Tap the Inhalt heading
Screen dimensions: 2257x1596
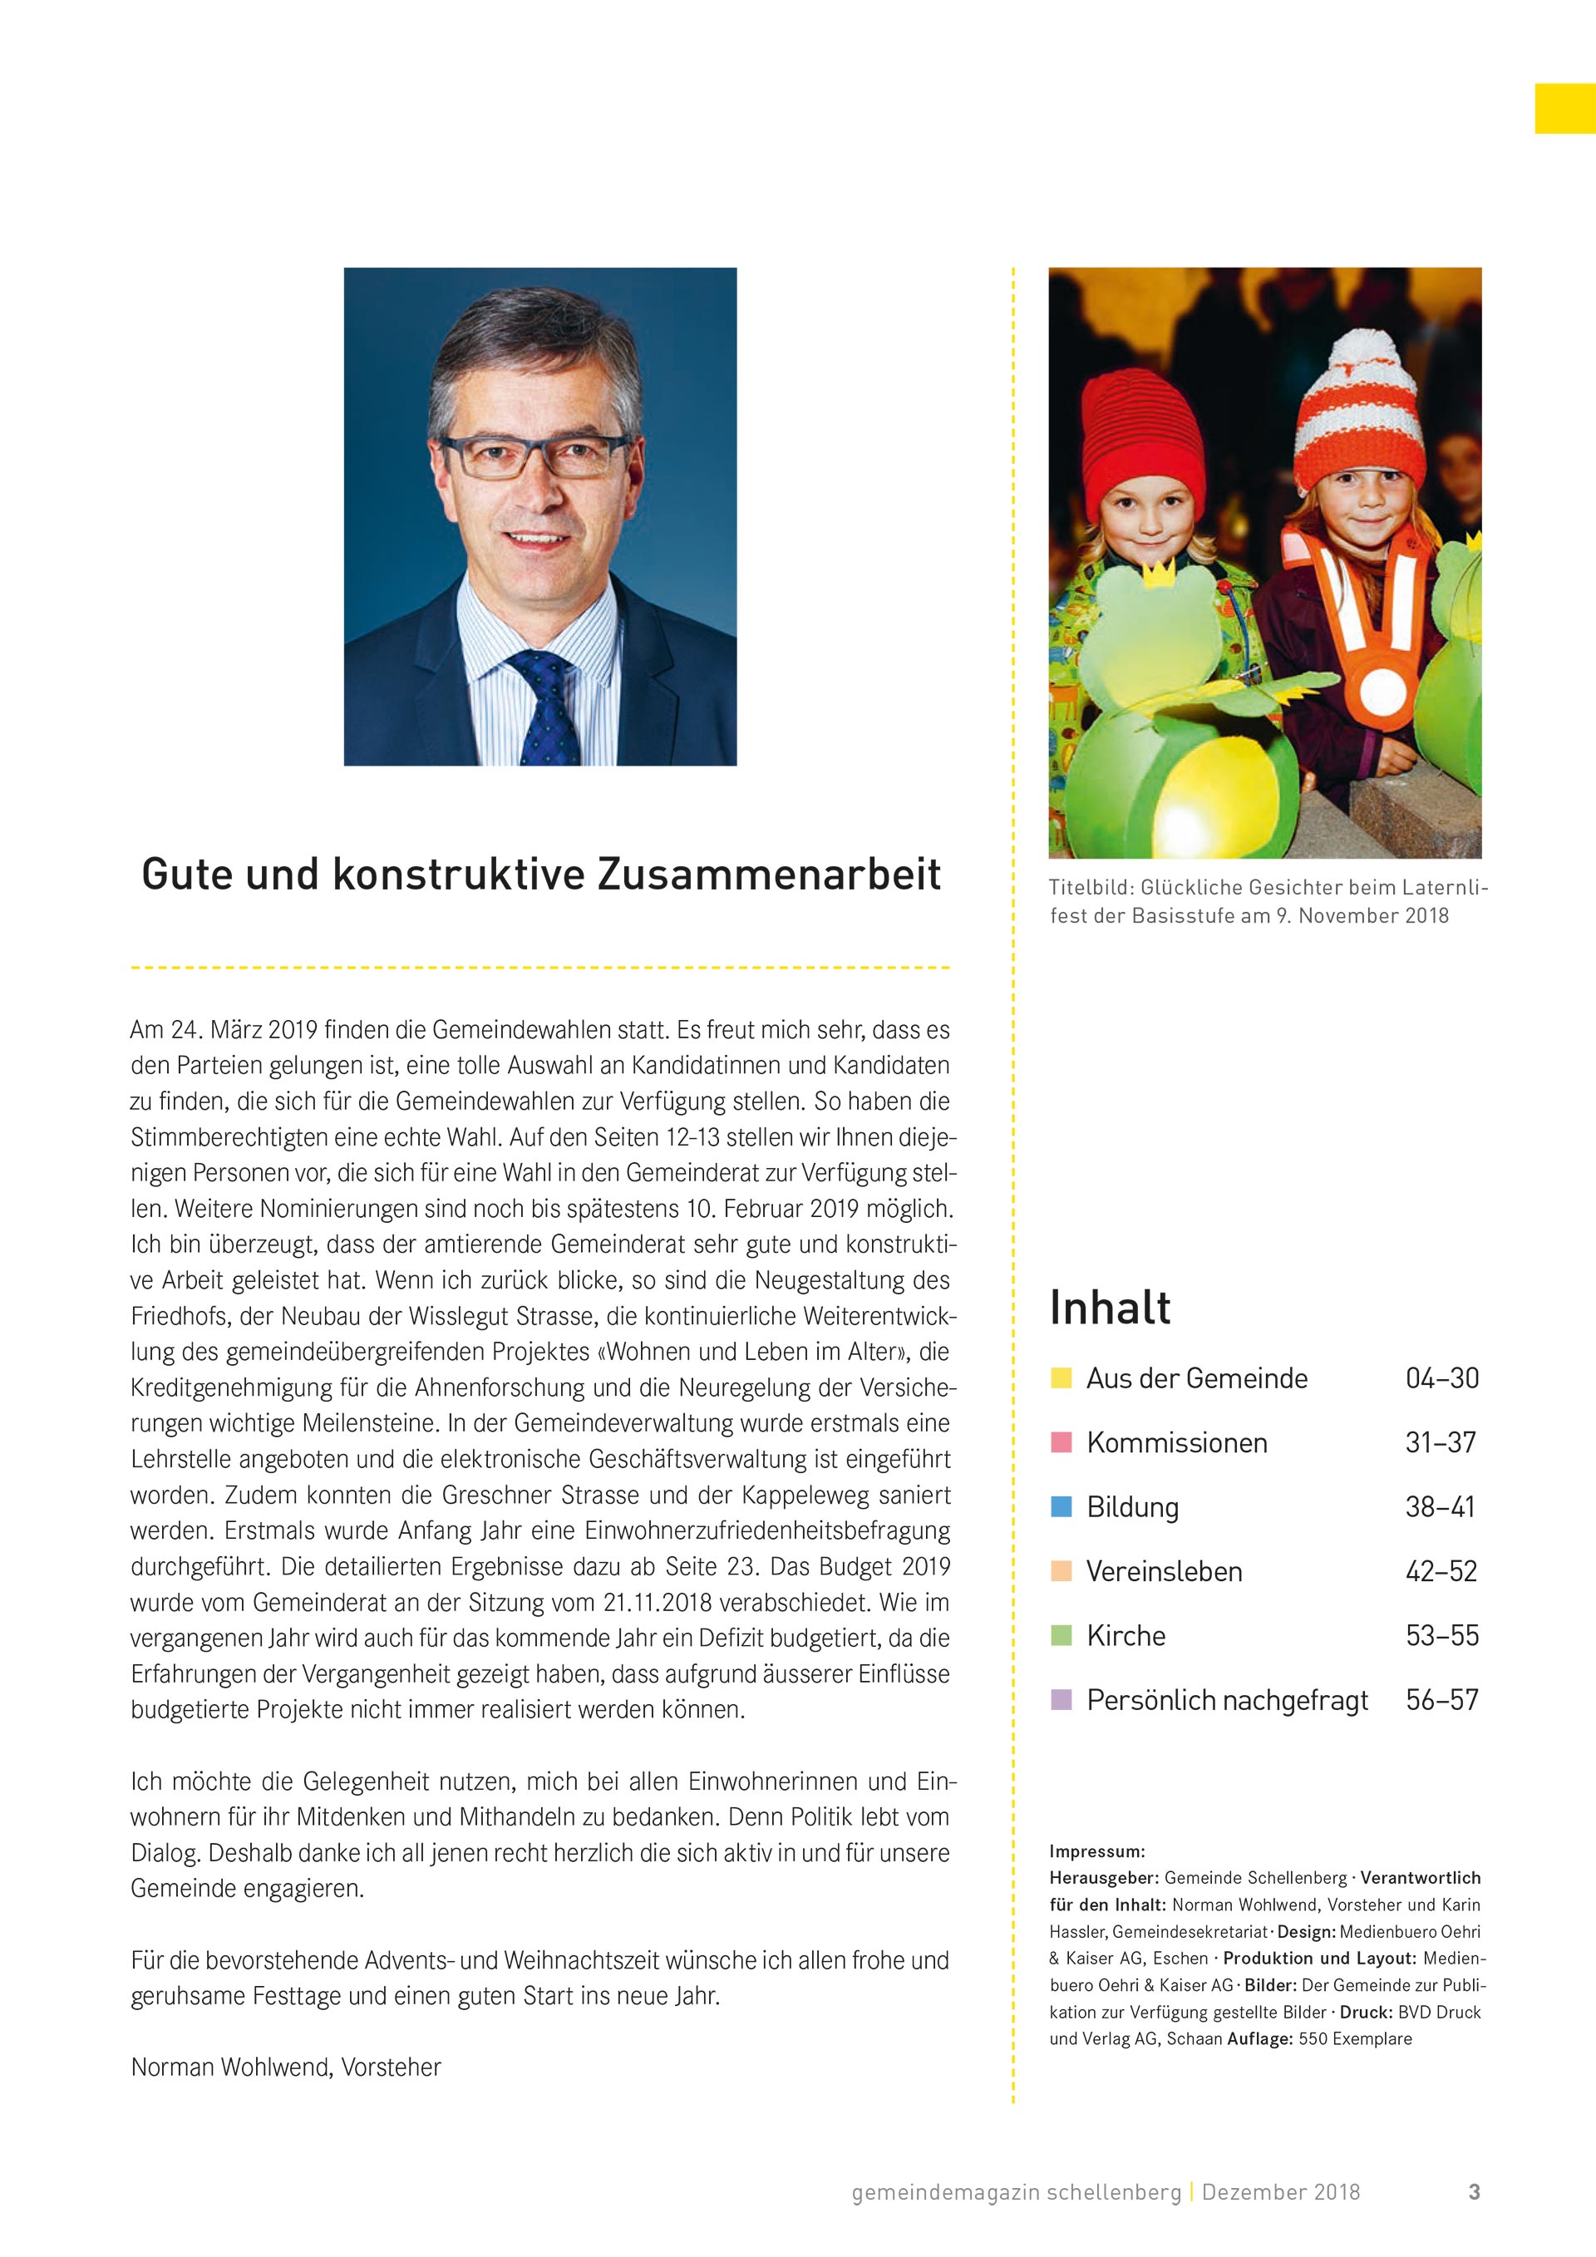1110,1308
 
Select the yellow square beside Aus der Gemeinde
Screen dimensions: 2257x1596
1062,1378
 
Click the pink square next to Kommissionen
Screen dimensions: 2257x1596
1062,1442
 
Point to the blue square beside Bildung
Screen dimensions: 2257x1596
1062,1507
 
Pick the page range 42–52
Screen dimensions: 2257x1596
1441,1571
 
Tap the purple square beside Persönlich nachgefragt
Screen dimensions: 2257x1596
1062,1700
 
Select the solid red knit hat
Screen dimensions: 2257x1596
1143,432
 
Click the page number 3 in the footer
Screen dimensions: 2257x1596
1474,2191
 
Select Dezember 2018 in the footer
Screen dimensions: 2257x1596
1280,2191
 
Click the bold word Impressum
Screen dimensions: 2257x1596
1096,1852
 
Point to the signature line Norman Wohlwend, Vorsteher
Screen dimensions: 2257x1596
286,2067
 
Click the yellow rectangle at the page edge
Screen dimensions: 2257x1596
1564,108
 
